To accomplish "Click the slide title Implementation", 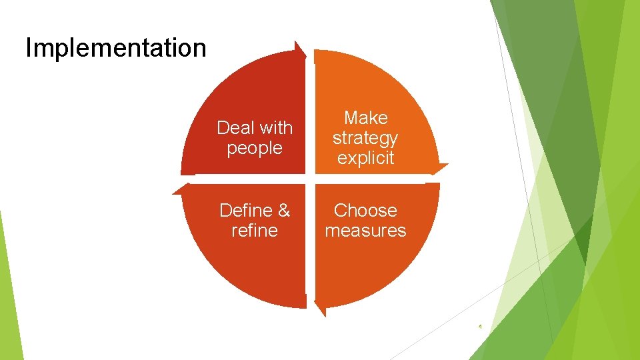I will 116,48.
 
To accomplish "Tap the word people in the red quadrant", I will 255,148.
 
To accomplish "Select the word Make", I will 365,118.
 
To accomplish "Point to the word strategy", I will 365,139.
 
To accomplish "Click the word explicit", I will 365,158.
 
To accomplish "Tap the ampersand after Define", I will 284,211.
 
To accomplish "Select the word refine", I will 255,231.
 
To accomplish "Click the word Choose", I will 365,211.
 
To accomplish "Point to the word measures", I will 365,231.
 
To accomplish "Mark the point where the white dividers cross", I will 310,179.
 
